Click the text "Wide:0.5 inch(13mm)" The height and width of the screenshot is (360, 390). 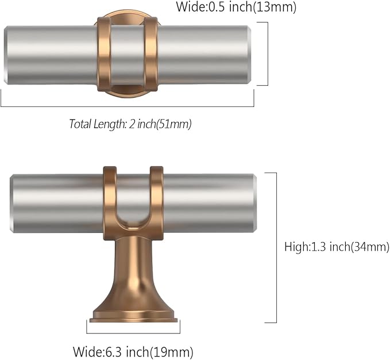pyautogui.click(x=236, y=7)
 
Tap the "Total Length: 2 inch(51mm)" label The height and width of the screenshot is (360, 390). pyautogui.click(x=130, y=124)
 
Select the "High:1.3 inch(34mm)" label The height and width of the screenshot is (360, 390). pyautogui.click(x=337, y=247)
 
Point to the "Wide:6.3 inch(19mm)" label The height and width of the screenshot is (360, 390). pyautogui.click(x=133, y=352)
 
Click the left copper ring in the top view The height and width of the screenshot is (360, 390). pyautogui.click(x=104, y=54)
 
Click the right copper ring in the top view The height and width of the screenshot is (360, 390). pyautogui.click(x=150, y=54)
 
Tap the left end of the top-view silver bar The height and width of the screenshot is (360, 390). pyautogui.click(x=6, y=55)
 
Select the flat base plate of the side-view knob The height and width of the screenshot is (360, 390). pyautogui.click(x=133, y=320)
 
